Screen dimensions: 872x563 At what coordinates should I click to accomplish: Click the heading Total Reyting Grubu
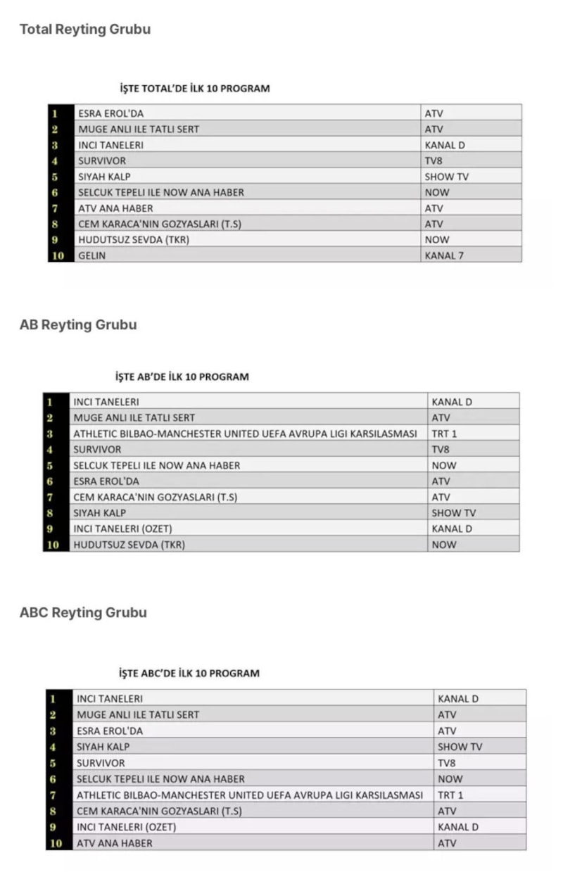pos(84,30)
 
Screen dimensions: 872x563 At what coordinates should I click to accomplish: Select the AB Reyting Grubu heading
pos(78,325)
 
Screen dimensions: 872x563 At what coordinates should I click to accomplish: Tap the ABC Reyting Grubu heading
pos(83,612)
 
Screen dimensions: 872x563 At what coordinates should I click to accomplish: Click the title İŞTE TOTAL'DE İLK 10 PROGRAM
pos(194,89)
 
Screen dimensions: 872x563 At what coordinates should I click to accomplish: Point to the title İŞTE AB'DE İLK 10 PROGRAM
pos(182,377)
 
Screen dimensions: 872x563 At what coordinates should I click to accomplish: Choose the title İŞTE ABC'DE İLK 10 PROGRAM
pos(189,673)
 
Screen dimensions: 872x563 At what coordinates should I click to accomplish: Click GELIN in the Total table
pos(92,255)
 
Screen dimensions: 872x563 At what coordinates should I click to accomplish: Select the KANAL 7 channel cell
pos(444,255)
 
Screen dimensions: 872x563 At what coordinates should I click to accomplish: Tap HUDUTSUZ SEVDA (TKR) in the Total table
pos(134,240)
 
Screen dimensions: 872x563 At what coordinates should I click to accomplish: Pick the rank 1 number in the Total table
pos(55,113)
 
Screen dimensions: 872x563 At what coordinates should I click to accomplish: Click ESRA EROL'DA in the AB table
pos(106,481)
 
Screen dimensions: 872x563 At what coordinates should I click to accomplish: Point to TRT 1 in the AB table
pos(444,434)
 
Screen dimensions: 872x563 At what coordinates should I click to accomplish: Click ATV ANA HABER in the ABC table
pos(115,842)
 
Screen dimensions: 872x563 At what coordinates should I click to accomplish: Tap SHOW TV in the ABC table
pos(460,747)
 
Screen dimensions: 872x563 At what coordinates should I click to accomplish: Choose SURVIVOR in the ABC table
pos(101,763)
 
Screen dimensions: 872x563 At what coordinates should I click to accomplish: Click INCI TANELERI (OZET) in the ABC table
pos(126,827)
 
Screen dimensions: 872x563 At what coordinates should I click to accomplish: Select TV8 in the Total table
pos(434,160)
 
